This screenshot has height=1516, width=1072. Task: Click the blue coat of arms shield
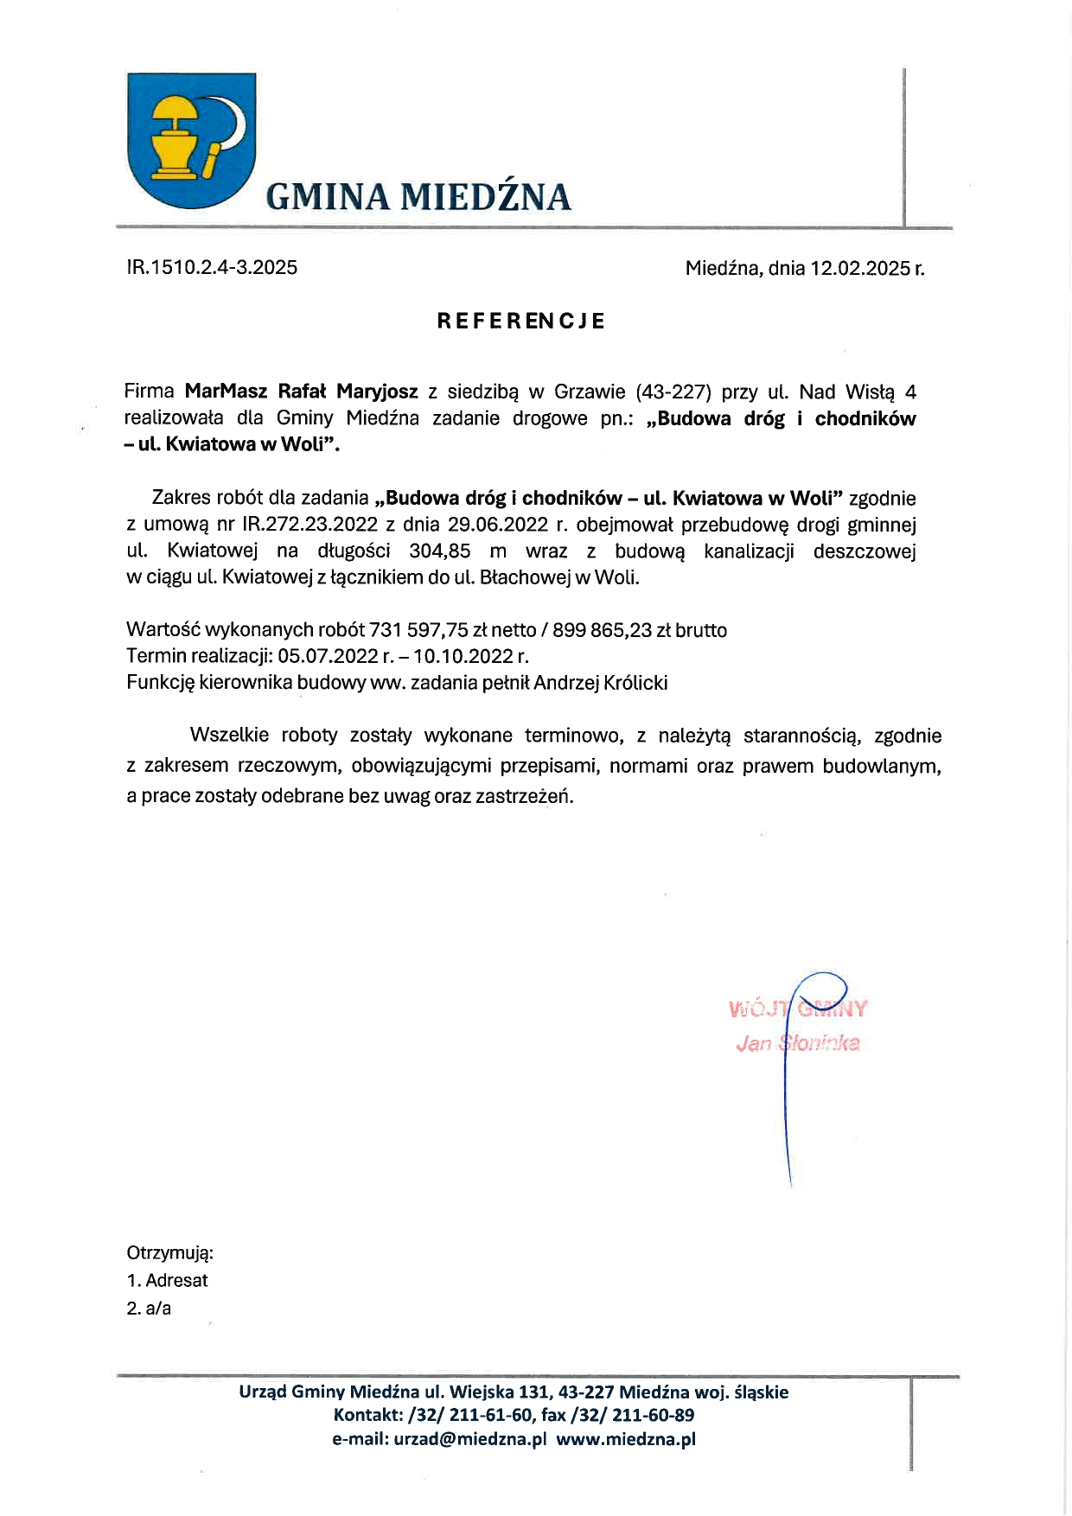coord(191,138)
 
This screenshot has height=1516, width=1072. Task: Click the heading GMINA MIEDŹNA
coord(418,197)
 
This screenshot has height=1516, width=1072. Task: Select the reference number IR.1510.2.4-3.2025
coord(212,267)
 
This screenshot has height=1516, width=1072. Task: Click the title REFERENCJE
coord(520,321)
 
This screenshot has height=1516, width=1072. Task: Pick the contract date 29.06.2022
coord(497,525)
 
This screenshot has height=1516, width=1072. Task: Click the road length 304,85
coord(439,551)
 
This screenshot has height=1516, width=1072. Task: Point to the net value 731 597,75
coord(418,630)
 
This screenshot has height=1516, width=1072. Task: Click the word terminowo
coord(572,736)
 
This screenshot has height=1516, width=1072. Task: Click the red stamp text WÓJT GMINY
coord(797,1009)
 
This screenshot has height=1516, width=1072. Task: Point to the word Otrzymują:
coord(169,1253)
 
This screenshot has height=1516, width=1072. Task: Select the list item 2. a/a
coord(149,1309)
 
